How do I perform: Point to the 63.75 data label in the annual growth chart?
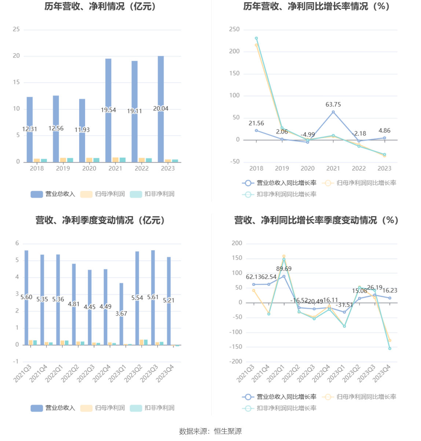tap(333, 105)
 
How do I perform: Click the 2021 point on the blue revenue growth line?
tap(333, 112)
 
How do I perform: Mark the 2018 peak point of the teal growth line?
tap(256, 38)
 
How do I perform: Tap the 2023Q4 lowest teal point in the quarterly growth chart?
tap(390, 349)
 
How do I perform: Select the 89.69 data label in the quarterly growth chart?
tap(284, 269)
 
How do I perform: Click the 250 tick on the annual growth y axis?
tap(234, 29)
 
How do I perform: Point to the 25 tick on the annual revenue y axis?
tap(16, 29)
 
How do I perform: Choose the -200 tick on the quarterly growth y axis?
tap(237, 361)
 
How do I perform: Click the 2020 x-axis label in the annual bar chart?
tap(89, 168)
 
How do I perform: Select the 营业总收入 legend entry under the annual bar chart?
tap(53, 194)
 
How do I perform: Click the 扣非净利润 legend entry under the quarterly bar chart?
tap(152, 408)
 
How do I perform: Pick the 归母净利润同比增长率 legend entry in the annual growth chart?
tap(359, 183)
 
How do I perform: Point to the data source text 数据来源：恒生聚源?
tap(210, 431)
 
